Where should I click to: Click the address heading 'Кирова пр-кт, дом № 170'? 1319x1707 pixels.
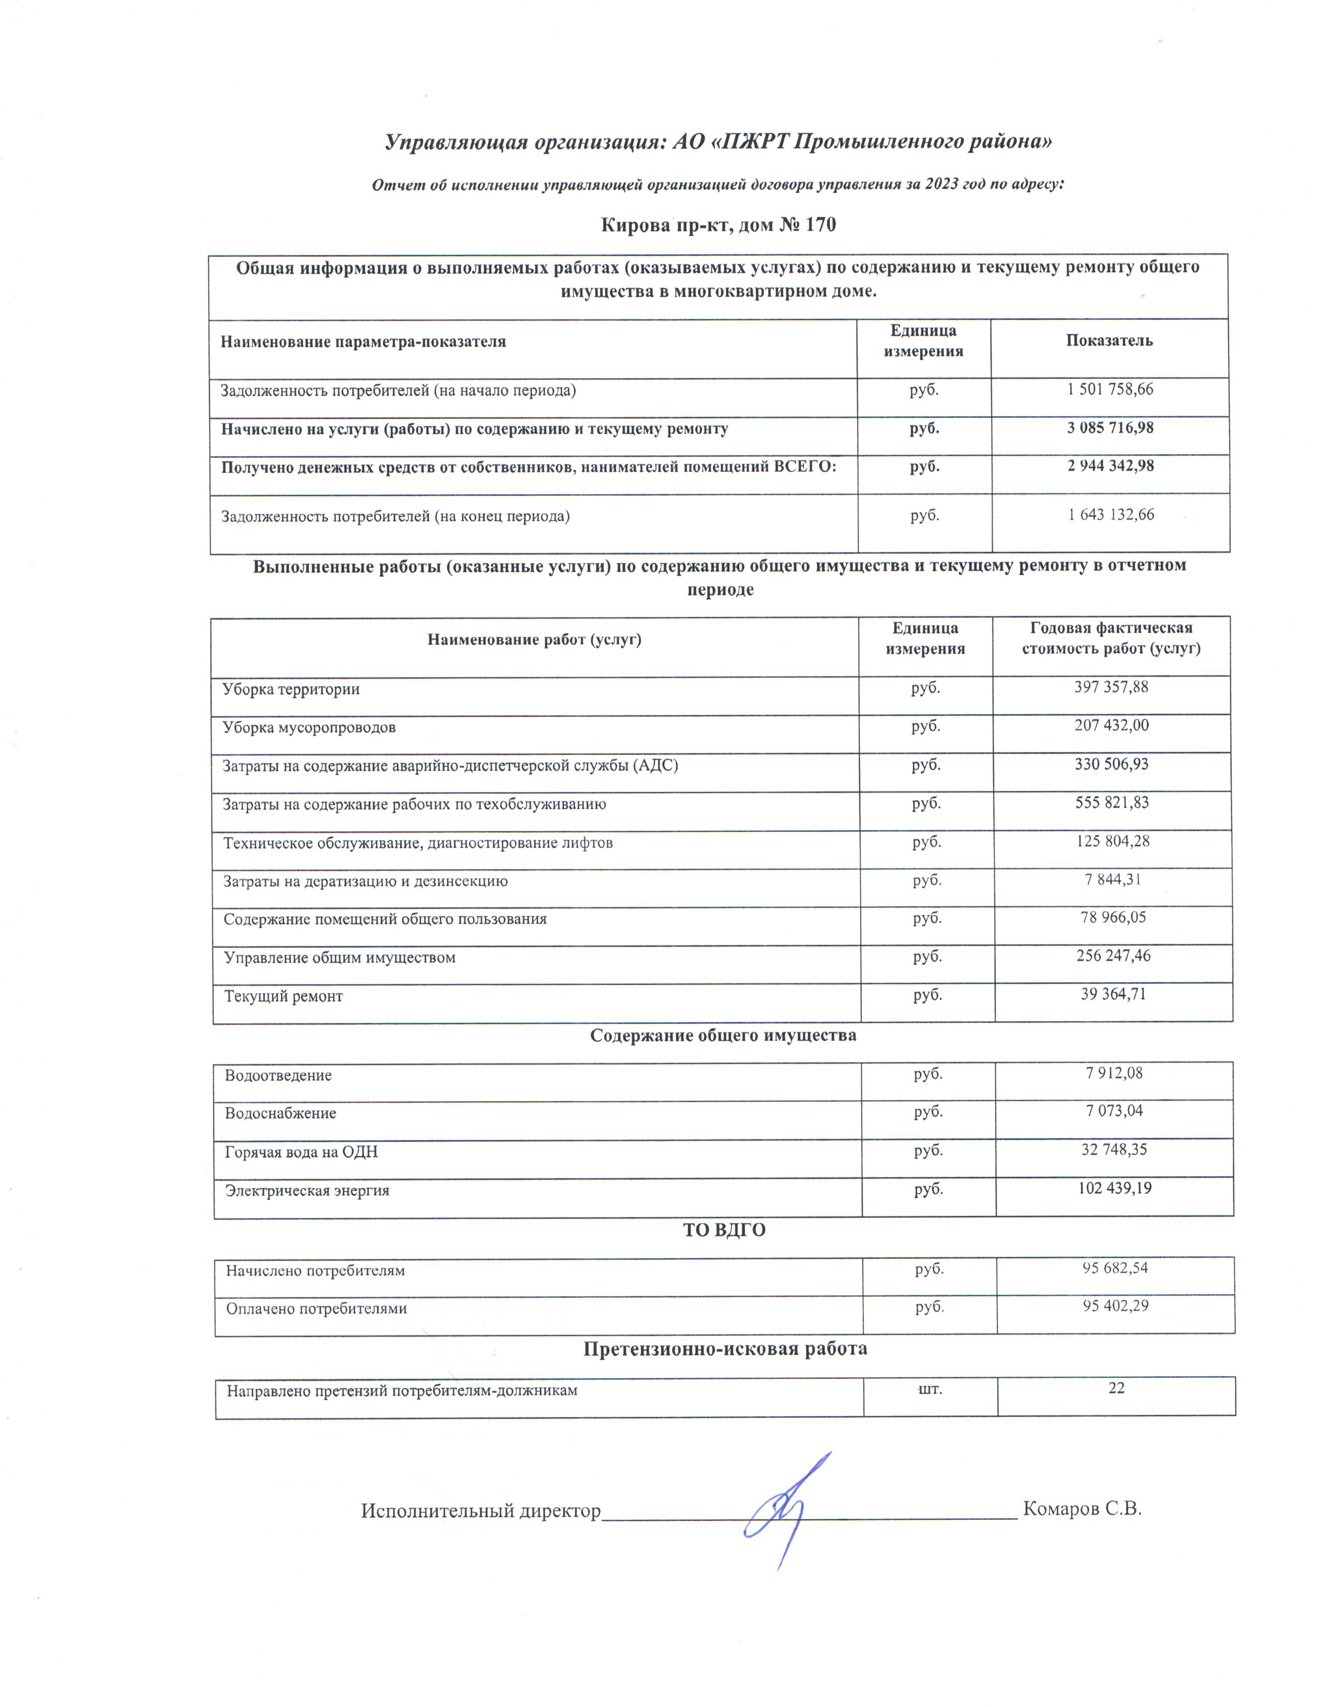point(717,225)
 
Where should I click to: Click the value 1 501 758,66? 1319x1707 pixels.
point(1110,389)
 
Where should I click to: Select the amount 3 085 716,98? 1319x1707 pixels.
point(1110,428)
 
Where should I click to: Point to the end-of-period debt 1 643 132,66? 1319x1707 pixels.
point(1111,514)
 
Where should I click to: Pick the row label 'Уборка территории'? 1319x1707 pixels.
point(291,690)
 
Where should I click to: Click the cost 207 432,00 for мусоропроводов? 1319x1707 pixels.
point(1111,725)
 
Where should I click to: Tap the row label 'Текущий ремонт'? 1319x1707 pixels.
point(283,997)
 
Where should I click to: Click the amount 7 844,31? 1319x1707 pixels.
point(1113,879)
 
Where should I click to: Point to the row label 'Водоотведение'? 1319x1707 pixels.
point(278,1075)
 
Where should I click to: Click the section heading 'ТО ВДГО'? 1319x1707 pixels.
point(724,1230)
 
